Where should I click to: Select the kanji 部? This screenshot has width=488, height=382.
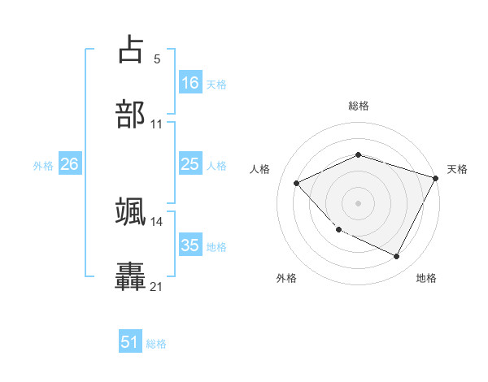tap(131, 115)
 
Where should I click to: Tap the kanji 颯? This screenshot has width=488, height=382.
tap(131, 211)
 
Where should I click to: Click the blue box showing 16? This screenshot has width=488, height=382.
tap(190, 83)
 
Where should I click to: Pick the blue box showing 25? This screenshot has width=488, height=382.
tap(190, 165)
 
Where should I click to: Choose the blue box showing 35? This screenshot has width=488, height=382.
tap(190, 245)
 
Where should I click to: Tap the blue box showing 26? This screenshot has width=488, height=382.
tap(69, 165)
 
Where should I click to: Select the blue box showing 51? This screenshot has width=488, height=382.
tap(130, 343)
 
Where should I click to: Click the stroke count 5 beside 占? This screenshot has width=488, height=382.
tap(157, 59)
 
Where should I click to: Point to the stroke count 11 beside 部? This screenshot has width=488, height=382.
tap(157, 124)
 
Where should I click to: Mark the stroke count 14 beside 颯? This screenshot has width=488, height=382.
tap(157, 221)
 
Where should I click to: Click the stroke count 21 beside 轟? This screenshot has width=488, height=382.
tap(157, 286)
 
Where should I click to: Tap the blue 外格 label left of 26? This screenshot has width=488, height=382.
tap(43, 166)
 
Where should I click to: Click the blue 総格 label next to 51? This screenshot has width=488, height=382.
tap(156, 344)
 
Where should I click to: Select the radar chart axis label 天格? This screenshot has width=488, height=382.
tap(457, 169)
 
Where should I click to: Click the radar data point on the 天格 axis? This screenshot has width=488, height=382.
tap(436, 178)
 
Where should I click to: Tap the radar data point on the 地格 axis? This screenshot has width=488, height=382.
tap(397, 257)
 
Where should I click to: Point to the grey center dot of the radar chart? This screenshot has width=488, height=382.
tap(358, 203)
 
